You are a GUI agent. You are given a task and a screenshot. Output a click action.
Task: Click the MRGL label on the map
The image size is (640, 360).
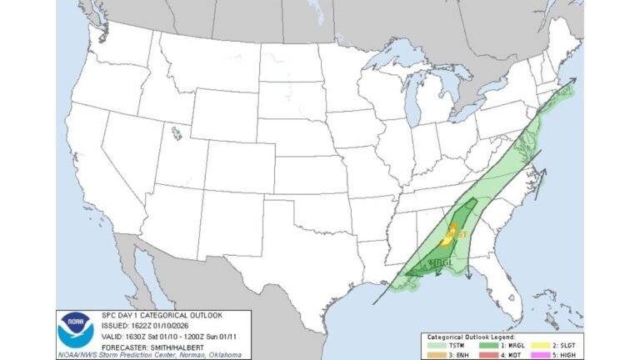coord(439,262)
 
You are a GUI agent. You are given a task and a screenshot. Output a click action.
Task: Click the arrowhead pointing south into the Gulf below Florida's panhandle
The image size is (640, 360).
coord(467,277)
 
